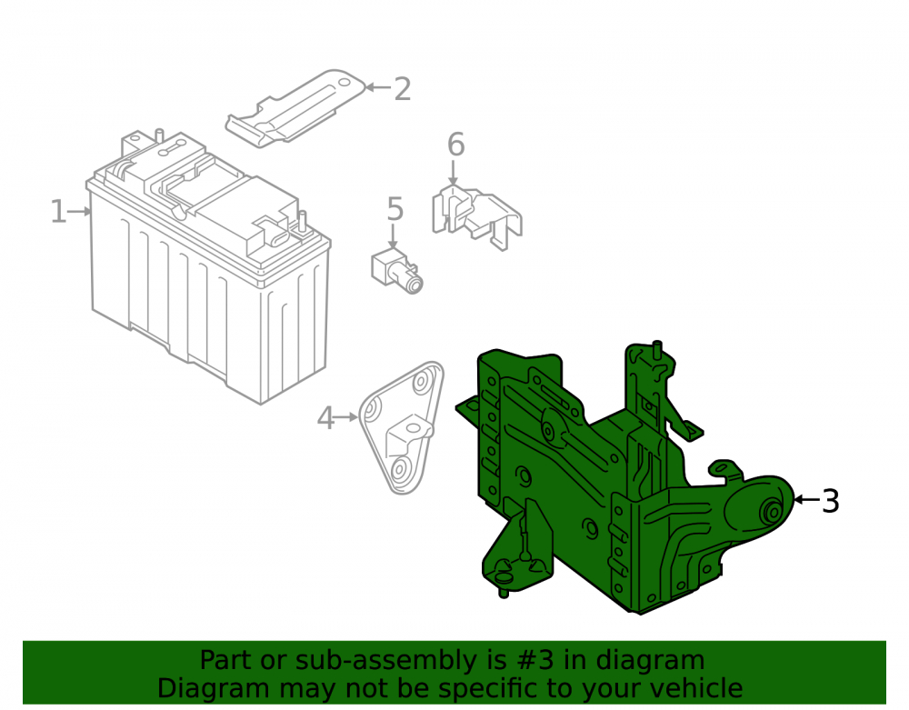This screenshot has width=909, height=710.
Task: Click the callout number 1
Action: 58,212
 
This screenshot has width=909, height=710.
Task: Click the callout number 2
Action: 403,89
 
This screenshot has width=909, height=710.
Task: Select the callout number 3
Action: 831,501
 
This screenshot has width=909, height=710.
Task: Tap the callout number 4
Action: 325,418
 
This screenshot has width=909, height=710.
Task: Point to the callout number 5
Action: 395,209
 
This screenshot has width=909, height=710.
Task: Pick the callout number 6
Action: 456,145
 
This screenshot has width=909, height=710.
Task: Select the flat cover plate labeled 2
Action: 295,108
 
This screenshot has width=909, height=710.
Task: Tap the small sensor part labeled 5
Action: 396,271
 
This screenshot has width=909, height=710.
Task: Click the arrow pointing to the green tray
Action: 807,500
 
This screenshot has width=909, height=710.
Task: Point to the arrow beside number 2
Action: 378,87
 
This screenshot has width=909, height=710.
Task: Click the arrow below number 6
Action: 454,173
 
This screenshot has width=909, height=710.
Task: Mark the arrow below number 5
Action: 394,236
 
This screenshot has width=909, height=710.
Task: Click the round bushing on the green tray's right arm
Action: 773,511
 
